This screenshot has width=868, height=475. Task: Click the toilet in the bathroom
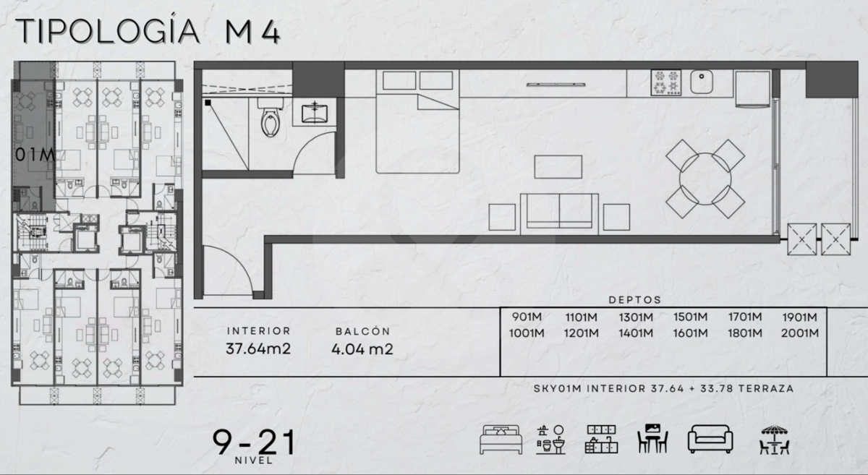tap(270, 117)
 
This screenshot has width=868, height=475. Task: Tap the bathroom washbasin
tap(314, 113)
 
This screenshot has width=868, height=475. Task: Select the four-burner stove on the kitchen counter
tap(665, 82)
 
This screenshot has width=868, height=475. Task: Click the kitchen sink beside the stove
tap(702, 82)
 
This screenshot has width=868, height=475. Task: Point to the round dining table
tap(705, 179)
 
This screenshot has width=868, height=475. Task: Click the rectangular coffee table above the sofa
tap(558, 167)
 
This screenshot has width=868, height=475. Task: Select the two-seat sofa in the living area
tap(559, 214)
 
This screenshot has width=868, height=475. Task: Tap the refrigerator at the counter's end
tap(752, 88)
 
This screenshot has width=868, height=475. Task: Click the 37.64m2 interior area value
tap(258, 348)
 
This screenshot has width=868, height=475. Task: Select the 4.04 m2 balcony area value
tap(362, 349)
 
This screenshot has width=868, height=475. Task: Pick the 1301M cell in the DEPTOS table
tap(636, 317)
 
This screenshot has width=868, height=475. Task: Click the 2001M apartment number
tap(800, 333)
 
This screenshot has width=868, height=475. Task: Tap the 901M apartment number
tap(527, 317)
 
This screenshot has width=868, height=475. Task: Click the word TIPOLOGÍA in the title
tap(108, 30)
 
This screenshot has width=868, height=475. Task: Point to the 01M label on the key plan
tap(35, 155)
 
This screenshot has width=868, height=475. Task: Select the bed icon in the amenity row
tap(501, 440)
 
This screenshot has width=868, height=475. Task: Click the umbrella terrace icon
tap(774, 440)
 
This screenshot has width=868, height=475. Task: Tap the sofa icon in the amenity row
tap(710, 440)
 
